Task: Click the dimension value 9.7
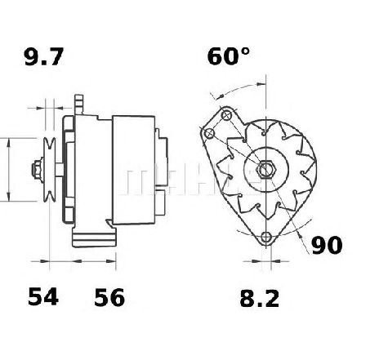click(42, 57)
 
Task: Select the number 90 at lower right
click(326, 244)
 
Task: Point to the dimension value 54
click(43, 299)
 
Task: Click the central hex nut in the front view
click(267, 171)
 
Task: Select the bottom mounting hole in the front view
click(266, 238)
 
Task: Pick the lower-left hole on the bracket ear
click(210, 134)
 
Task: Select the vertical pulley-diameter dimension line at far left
click(8, 170)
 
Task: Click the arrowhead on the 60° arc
click(265, 82)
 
